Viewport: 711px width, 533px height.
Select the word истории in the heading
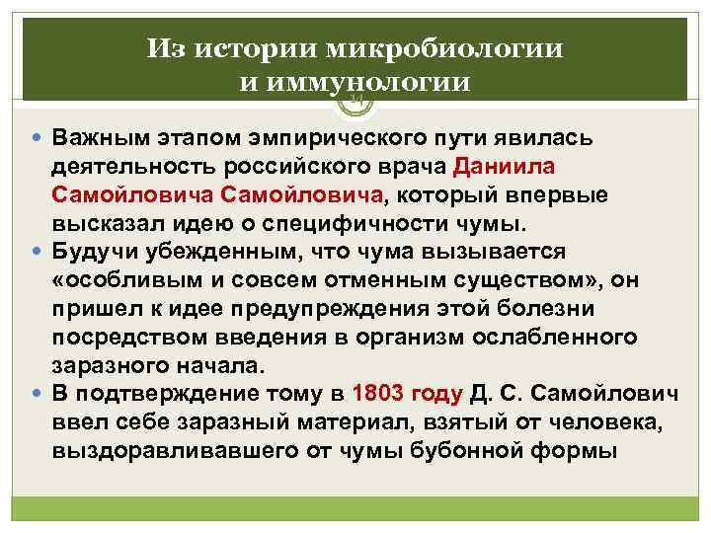point(273,48)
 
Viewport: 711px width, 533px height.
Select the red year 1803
point(382,395)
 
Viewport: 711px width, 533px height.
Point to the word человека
point(603,424)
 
